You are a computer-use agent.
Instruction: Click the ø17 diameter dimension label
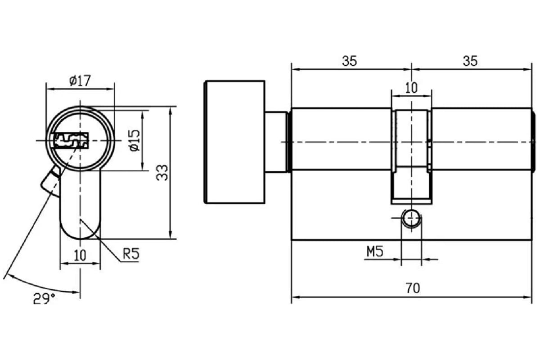click(80, 81)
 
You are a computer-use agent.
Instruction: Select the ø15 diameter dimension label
click(135, 140)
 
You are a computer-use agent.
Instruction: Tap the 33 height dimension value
click(162, 173)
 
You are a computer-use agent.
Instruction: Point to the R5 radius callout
click(131, 254)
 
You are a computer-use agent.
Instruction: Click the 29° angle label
click(44, 298)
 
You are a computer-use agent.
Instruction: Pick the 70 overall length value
click(413, 288)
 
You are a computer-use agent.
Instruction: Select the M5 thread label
click(375, 252)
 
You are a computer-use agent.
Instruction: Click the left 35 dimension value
click(349, 61)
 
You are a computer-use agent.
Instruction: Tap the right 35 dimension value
click(470, 61)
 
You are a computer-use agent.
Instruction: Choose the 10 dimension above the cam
click(411, 88)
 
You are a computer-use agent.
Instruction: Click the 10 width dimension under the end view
click(80, 255)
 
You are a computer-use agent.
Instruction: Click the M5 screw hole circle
click(411, 218)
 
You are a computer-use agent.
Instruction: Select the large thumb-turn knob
click(234, 142)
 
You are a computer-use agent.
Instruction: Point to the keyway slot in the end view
click(71, 140)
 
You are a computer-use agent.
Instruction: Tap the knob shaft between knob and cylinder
click(277, 142)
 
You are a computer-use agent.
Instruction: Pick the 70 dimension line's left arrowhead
click(295, 297)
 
